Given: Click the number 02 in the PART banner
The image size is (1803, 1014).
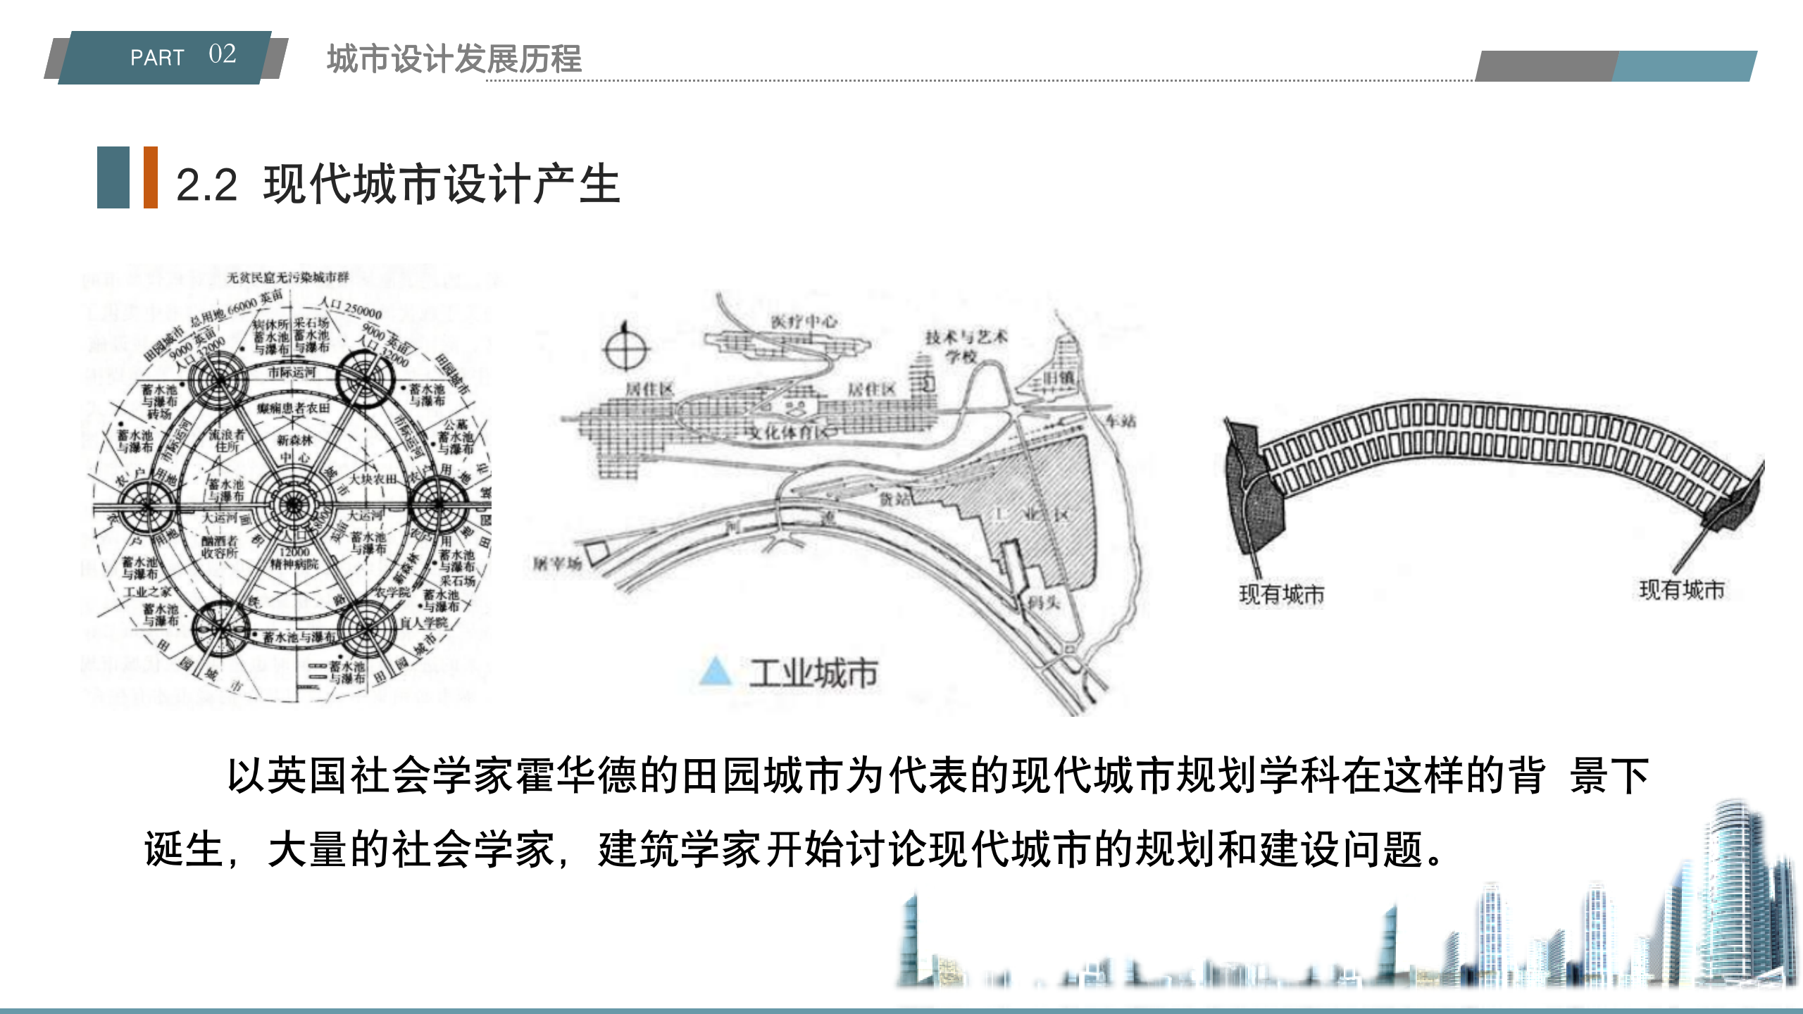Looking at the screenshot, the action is [x=222, y=54].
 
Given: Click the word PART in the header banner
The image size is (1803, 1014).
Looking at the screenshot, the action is [x=157, y=58].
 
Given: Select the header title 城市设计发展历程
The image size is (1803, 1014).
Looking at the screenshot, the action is [x=454, y=58].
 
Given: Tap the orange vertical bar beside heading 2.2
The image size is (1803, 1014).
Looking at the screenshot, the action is [x=150, y=177].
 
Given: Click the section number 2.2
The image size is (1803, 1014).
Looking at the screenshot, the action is [x=206, y=185].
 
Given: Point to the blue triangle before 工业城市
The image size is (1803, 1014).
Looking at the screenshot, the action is [x=716, y=672].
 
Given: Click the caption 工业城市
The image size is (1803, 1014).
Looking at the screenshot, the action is [x=813, y=674].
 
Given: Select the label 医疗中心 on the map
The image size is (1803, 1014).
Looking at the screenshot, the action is [x=803, y=321].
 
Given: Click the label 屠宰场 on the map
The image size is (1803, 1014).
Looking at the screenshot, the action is [x=557, y=563].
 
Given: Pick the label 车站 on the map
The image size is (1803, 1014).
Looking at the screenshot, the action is [x=1120, y=421].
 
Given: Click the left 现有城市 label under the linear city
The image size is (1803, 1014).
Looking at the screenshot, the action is [x=1281, y=595].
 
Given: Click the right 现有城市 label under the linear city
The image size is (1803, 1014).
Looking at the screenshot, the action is [x=1682, y=590].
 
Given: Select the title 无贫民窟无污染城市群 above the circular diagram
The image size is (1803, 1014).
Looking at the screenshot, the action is [x=288, y=277].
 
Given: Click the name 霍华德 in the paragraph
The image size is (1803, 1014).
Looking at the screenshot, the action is [x=578, y=776].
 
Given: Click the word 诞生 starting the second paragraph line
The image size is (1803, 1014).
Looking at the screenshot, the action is [x=184, y=849].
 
